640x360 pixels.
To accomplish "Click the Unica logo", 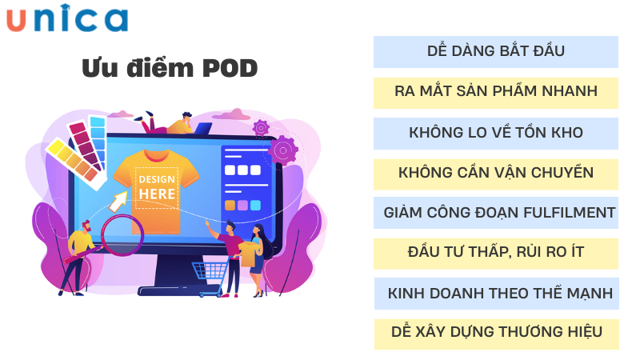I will click(67, 19).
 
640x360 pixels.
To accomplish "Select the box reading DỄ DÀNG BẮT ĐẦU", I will click(496, 51).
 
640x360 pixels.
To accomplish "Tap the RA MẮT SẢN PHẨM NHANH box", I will click(496, 91).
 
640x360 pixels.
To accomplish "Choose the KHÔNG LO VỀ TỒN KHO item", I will click(496, 133).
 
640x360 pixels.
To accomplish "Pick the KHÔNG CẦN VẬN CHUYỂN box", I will click(496, 173).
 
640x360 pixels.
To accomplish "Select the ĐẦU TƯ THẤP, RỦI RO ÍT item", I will click(496, 253).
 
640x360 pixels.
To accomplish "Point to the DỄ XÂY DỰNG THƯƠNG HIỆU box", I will click(496, 332).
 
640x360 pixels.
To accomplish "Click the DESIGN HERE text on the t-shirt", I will click(157, 186).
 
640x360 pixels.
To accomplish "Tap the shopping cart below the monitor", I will click(210, 277).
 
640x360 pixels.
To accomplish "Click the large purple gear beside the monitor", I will click(282, 150).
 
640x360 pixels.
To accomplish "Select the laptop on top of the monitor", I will click(202, 128).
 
